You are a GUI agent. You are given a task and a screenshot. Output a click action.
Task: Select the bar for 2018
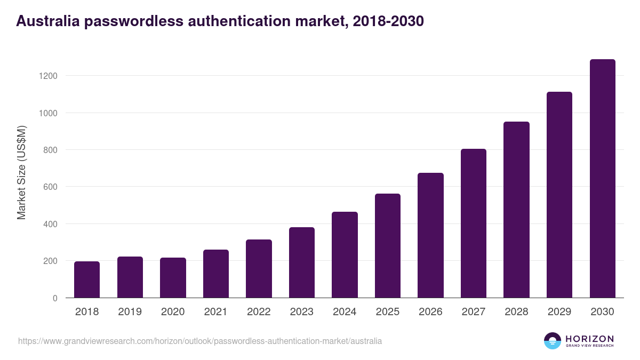click(87, 280)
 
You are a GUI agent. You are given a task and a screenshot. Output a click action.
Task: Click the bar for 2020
click(173, 278)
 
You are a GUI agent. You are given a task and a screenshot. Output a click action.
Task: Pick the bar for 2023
click(302, 262)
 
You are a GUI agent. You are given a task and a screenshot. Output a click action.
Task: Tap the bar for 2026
click(430, 235)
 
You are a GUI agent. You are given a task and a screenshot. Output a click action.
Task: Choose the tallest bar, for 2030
click(602, 179)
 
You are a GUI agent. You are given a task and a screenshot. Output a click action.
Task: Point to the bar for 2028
click(516, 210)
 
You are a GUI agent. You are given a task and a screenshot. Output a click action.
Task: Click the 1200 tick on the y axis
click(49, 76)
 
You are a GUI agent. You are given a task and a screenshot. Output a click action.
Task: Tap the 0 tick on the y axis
click(55, 298)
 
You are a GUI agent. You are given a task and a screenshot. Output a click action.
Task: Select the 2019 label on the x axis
click(130, 312)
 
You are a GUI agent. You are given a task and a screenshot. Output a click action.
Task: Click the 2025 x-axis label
click(387, 312)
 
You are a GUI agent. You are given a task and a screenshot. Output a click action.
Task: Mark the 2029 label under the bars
click(559, 312)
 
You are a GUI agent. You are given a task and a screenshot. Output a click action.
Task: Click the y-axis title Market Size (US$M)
click(21, 172)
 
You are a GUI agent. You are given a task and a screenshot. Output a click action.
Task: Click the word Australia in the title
click(49, 21)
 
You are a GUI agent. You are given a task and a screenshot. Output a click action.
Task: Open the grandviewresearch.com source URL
click(200, 341)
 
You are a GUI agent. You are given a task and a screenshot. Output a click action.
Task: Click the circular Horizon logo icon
click(553, 341)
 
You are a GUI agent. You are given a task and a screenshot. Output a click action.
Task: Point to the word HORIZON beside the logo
click(590, 339)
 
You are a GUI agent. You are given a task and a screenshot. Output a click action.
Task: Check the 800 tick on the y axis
click(51, 150)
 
